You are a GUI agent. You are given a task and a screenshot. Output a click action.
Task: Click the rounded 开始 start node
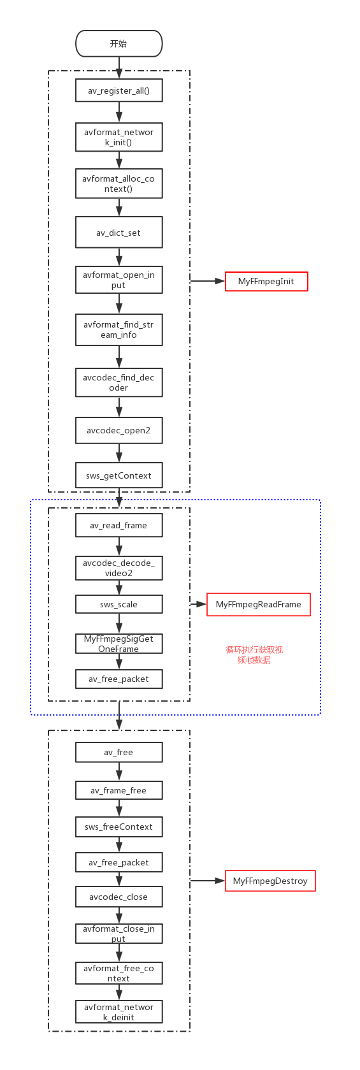(119, 44)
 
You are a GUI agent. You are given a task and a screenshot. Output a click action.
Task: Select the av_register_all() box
(119, 90)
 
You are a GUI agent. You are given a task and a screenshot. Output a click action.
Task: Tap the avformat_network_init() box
(119, 137)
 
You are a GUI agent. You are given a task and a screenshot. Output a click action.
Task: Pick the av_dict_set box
(119, 233)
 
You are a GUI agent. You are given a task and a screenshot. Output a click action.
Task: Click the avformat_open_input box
(119, 280)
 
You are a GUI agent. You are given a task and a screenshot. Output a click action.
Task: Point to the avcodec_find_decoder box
(119, 382)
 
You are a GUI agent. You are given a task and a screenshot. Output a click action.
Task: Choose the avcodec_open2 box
(119, 430)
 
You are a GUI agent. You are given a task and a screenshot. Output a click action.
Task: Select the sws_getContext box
(119, 475)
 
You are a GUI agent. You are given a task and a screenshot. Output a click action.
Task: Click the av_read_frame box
(119, 525)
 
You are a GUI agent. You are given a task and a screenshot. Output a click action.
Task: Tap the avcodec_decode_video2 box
(119, 568)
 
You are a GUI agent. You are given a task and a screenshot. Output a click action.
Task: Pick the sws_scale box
(119, 604)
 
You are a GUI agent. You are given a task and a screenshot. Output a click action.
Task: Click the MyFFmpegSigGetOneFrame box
(119, 643)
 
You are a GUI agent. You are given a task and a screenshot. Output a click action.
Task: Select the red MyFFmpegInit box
(266, 281)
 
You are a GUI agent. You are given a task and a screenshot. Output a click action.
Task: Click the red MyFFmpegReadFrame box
(258, 604)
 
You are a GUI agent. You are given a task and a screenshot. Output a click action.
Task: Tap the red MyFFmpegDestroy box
(270, 881)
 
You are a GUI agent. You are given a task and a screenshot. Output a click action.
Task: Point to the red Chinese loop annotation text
(254, 654)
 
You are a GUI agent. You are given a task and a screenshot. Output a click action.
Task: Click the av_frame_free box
(119, 790)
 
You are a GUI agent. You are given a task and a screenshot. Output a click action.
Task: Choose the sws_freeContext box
(119, 827)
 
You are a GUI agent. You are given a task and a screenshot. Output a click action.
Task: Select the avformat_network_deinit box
(119, 1012)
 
